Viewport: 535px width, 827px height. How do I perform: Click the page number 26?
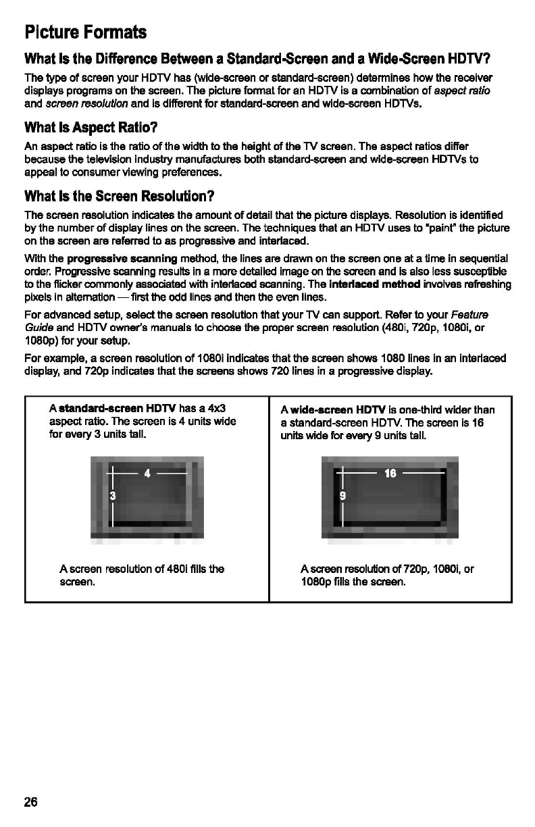click(x=31, y=802)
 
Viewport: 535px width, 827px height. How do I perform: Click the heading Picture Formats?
click(x=85, y=32)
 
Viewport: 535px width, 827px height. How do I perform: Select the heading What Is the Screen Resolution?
click(x=119, y=197)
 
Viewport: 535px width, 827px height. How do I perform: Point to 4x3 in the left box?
click(x=216, y=409)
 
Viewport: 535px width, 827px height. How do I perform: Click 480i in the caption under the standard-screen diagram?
click(x=172, y=569)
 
